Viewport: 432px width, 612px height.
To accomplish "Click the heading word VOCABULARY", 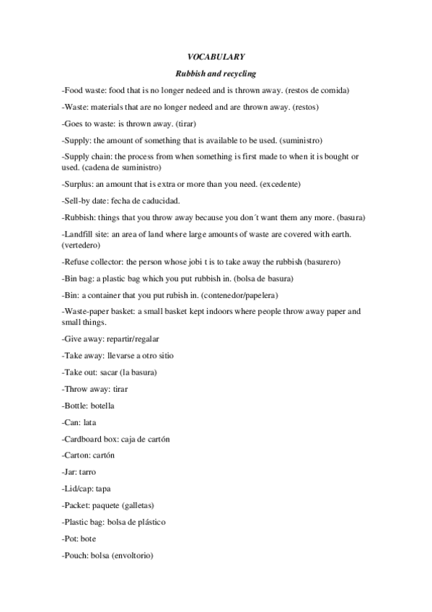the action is (x=216, y=56).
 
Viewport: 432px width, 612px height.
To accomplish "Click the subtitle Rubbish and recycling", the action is (x=216, y=74).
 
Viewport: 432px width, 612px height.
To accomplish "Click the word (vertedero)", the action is (x=84, y=245).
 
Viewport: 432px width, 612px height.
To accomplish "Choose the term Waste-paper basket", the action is (x=97, y=312).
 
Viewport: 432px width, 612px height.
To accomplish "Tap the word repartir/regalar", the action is (x=135, y=339).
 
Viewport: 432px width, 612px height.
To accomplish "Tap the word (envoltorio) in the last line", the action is (x=132, y=556).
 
